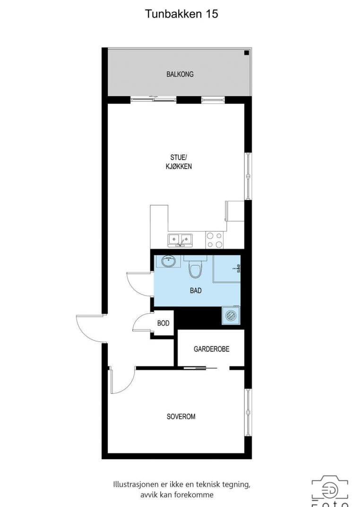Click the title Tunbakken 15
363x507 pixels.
(181, 14)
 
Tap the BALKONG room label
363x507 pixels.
(180, 74)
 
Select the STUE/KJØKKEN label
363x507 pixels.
(179, 162)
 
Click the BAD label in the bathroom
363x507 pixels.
(196, 290)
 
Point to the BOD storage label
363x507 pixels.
(163, 323)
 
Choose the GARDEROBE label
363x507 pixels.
(212, 349)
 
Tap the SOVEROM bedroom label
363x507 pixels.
(181, 417)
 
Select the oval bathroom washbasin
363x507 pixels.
(168, 261)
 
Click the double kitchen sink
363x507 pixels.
(180, 240)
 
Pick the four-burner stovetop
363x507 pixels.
(215, 240)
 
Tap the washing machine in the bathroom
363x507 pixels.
(231, 315)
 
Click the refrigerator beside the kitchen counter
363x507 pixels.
(235, 211)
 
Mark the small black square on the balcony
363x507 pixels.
(247, 53)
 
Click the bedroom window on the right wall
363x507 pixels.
(248, 412)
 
